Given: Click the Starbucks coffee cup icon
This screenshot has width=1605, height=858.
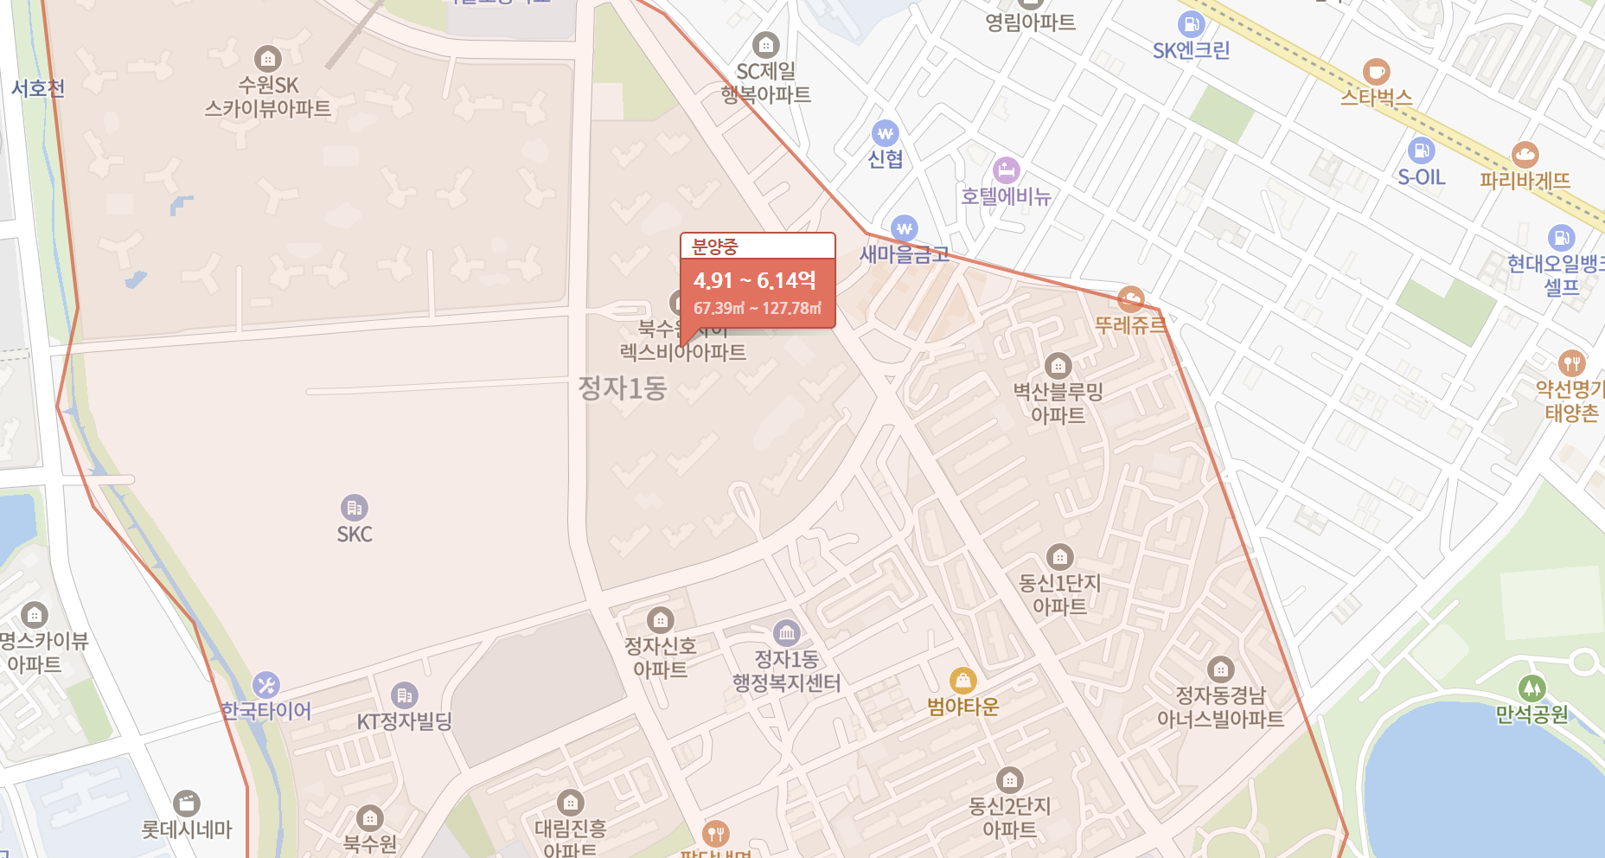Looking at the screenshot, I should tap(1376, 72).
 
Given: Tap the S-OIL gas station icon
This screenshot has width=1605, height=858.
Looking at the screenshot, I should tap(1421, 150).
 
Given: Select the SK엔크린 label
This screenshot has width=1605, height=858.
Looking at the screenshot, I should tap(1191, 50).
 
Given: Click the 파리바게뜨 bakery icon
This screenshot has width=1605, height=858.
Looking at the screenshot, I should tap(1525, 155).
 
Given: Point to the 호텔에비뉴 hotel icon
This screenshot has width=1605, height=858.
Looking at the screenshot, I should tap(1006, 170).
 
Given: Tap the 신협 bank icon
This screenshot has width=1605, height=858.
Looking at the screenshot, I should tap(885, 133).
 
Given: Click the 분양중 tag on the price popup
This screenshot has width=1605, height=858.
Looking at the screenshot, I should tap(715, 247).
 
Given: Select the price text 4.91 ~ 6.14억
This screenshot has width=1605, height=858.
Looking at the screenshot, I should tap(754, 281).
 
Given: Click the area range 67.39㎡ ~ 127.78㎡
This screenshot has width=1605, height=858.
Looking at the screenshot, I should tap(757, 309).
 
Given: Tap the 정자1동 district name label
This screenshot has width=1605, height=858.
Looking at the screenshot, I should tap(622, 388).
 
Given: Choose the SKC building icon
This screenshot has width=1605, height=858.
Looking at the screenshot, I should tap(354, 508).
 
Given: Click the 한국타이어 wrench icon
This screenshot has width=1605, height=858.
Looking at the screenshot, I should tap(265, 685).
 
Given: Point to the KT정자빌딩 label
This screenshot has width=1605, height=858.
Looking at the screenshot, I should tap(405, 721).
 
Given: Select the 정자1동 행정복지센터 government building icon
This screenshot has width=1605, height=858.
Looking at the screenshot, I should tap(786, 633).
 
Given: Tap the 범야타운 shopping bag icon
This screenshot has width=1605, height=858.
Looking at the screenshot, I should tap(962, 681).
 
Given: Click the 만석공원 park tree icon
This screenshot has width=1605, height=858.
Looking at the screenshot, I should tap(1531, 688).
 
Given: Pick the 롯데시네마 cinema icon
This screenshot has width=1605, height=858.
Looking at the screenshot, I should tap(187, 804).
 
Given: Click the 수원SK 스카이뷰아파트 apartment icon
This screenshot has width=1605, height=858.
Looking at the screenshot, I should tap(268, 59).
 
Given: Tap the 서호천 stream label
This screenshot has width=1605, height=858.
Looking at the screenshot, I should tap(38, 88).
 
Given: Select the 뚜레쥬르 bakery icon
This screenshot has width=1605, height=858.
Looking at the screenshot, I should tap(1130, 299).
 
